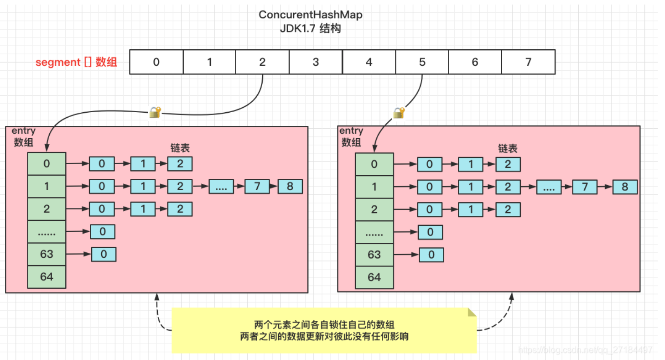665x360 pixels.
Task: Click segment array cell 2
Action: pyautogui.click(x=262, y=62)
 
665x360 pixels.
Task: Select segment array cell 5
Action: pyautogui.click(x=422, y=62)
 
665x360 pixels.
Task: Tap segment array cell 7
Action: pyautogui.click(x=529, y=62)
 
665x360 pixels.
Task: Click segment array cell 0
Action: pyautogui.click(x=156, y=62)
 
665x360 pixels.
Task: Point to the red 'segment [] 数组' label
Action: pyautogui.click(x=76, y=62)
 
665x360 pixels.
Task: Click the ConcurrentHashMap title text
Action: pyautogui.click(x=310, y=15)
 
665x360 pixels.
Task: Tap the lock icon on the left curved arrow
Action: pyautogui.click(x=155, y=112)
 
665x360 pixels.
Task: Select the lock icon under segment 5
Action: pyautogui.click(x=399, y=113)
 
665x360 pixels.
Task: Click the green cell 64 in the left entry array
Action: pyautogui.click(x=47, y=277)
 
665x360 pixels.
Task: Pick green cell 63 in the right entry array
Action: pyautogui.click(x=374, y=255)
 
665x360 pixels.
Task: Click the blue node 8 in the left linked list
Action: pyautogui.click(x=290, y=187)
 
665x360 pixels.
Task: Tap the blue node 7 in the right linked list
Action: pyautogui.click(x=585, y=187)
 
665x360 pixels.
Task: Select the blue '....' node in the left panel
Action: pyautogui.click(x=221, y=187)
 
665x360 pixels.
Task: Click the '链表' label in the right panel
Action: pyautogui.click(x=508, y=148)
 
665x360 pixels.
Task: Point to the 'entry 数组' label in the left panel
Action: pyautogui.click(x=23, y=136)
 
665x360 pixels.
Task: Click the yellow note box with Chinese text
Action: pyautogui.click(x=324, y=331)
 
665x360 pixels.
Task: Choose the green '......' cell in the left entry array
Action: pyautogui.click(x=47, y=232)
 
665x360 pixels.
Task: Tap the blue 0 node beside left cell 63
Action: pyautogui.click(x=104, y=254)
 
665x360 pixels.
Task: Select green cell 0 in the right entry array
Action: pyautogui.click(x=374, y=164)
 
